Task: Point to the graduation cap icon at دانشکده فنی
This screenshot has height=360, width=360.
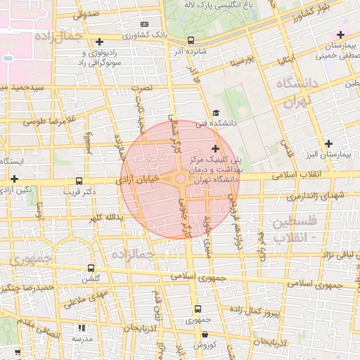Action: click(216, 113)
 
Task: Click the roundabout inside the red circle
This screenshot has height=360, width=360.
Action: click(181, 179)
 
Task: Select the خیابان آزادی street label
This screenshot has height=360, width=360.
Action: click(146, 180)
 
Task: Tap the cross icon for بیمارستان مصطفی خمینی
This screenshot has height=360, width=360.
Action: click(340, 34)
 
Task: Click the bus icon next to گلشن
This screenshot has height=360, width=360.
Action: click(91, 268)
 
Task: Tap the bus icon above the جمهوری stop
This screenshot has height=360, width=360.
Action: click(198, 308)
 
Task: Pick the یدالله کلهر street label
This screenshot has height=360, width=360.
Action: click(105, 217)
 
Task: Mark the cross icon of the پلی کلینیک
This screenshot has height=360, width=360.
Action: click(215, 148)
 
